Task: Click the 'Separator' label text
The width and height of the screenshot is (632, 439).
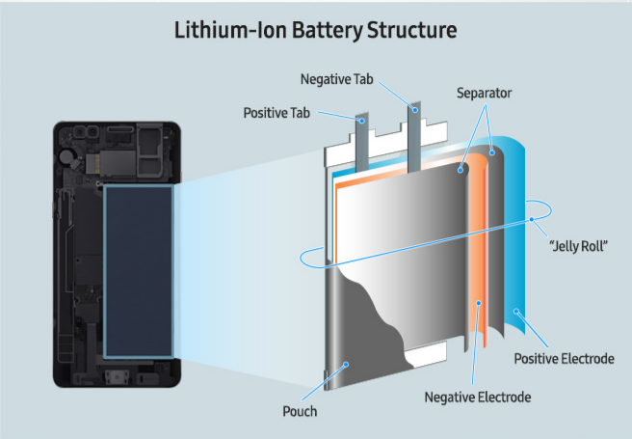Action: pos(485,94)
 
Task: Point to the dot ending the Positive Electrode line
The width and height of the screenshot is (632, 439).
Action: pos(517,310)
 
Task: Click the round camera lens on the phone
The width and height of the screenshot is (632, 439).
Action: pos(67,155)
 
